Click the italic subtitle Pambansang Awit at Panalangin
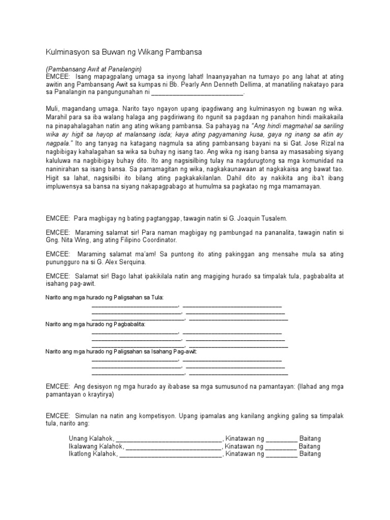93,69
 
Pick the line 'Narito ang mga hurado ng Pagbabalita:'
95,323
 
